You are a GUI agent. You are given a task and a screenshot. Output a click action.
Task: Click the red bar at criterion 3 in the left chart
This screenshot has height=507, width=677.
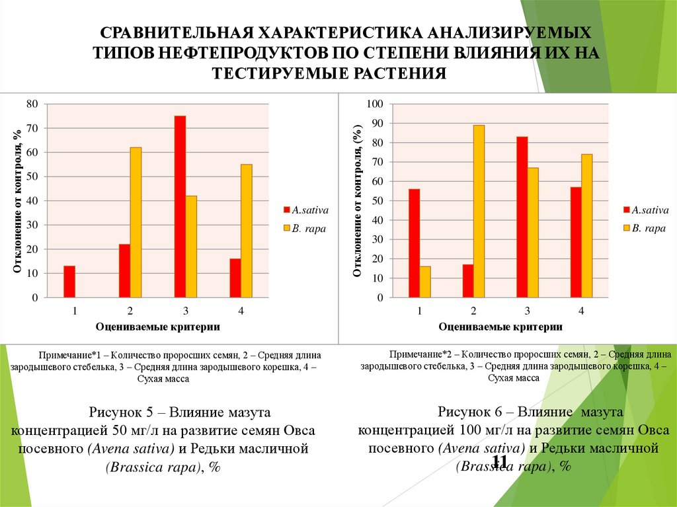pyautogui.click(x=180, y=206)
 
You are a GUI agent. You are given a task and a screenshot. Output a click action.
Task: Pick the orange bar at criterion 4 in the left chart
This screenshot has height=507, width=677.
pyautogui.click(x=246, y=231)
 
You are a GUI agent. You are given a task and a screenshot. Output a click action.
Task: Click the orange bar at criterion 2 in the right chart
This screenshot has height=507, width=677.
pyautogui.click(x=479, y=211)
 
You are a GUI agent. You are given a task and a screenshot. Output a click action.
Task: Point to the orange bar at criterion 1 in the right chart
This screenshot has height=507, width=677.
pyautogui.click(x=425, y=282)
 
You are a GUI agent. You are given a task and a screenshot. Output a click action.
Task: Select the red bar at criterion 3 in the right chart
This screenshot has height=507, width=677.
pyautogui.click(x=522, y=217)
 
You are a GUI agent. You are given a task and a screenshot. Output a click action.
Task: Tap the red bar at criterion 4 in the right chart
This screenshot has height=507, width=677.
pyautogui.click(x=576, y=242)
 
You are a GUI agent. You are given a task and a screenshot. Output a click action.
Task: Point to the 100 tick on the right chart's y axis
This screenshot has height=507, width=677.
pyautogui.click(x=375, y=104)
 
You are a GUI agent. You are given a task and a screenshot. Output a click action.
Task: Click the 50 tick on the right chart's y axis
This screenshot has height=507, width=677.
pyautogui.click(x=378, y=201)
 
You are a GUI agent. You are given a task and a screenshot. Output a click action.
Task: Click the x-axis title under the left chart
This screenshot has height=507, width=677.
pyautogui.click(x=157, y=327)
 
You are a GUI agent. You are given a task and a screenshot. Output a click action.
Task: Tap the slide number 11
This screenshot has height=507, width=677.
pyautogui.click(x=500, y=461)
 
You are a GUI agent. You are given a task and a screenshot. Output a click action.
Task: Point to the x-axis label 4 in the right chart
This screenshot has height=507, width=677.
pyautogui.click(x=581, y=311)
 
